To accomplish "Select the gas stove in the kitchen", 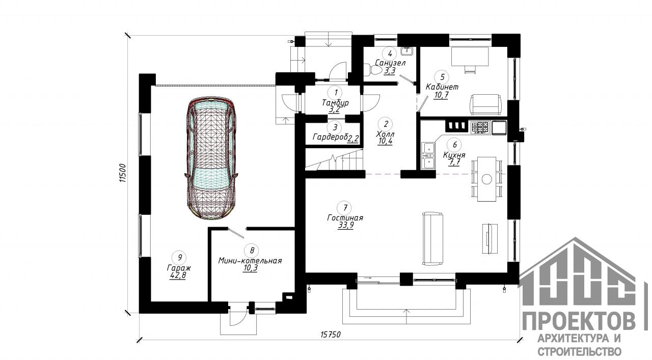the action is click(480, 128).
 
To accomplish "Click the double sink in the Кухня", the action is click(428, 155).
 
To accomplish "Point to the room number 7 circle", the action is click(345, 208).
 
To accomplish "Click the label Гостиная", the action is click(345, 218).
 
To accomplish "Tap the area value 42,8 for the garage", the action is click(178, 276).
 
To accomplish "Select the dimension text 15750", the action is click(331, 335).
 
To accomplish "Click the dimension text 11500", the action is click(123, 173).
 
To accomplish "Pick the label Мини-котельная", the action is click(250, 261).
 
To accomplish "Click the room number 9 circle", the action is click(180, 257).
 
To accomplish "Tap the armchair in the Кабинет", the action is click(485, 104).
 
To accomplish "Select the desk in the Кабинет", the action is click(470, 57).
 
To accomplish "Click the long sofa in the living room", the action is click(433, 239).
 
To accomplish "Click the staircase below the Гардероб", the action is click(335, 159).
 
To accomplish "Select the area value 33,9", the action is click(345, 226).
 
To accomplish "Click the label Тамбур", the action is click(335, 103).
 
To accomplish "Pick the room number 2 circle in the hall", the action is click(386, 124).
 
